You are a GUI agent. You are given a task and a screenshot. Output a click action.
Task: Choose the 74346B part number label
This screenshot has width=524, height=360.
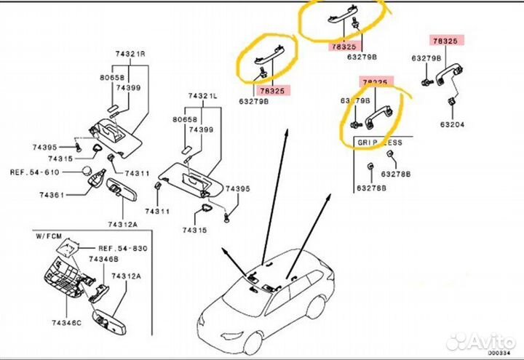104,259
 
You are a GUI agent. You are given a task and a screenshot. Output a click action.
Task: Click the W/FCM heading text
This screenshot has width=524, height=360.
51,236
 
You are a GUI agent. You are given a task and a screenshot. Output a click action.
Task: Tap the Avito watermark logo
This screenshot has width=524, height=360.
480,339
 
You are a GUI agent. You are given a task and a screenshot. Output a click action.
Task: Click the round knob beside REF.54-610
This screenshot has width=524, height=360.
87,172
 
